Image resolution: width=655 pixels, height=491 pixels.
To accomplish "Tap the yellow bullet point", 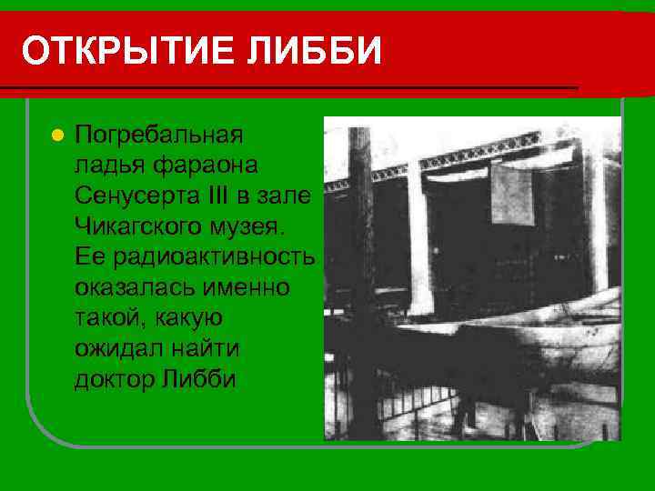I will click(56, 135).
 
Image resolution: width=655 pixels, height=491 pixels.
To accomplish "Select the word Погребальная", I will click(159, 135).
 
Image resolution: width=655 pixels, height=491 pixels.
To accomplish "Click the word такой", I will click(110, 317).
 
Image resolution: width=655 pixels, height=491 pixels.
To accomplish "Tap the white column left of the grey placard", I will click(418, 236).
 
